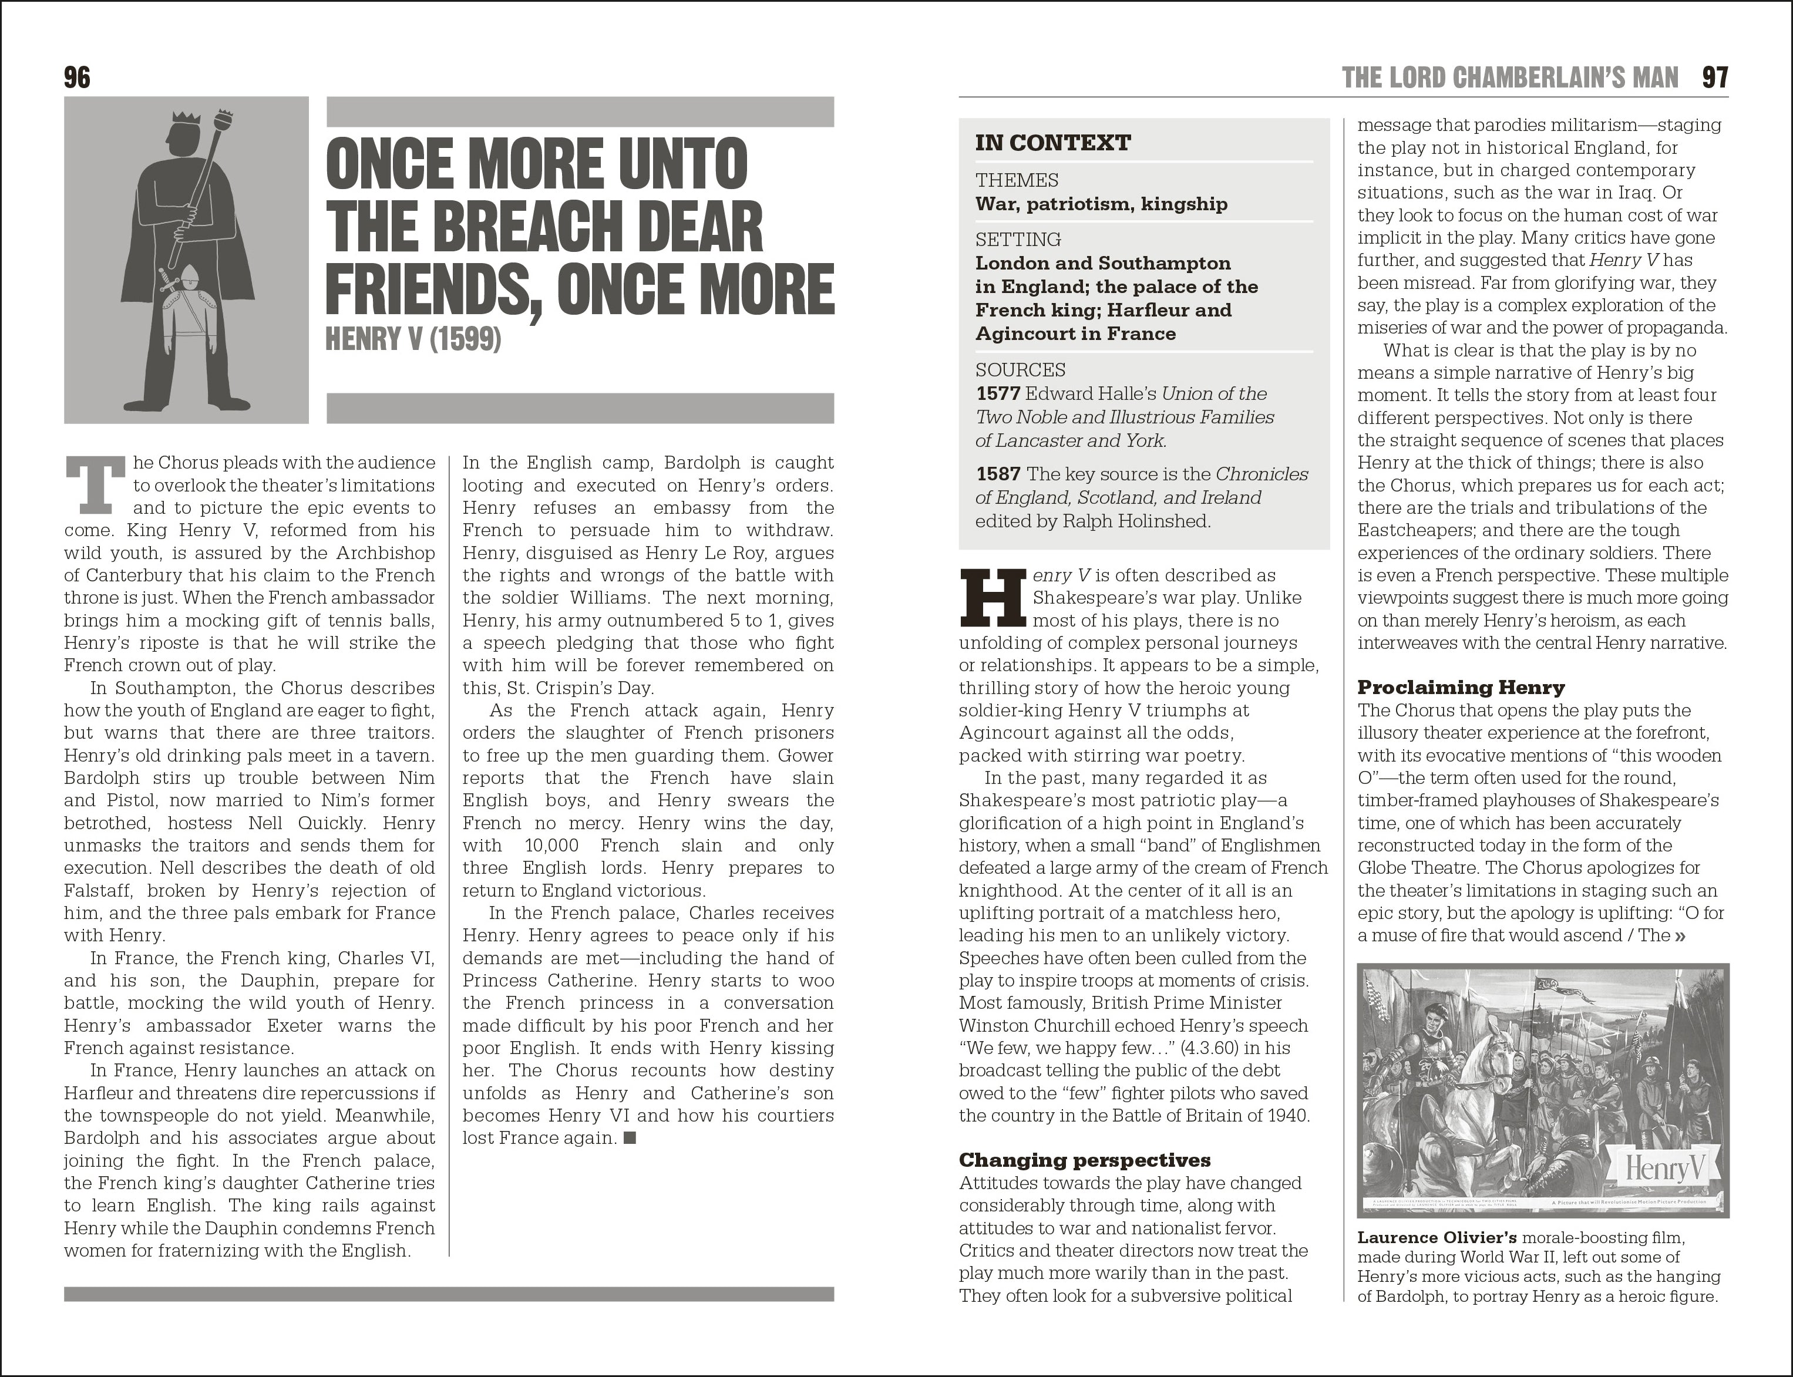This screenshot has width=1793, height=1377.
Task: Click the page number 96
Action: [77, 78]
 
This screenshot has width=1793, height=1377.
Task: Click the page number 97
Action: [1715, 78]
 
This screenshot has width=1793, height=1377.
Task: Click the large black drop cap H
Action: [992, 597]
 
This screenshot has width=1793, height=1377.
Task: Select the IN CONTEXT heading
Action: [1052, 143]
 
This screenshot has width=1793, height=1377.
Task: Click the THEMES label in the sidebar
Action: [1017, 180]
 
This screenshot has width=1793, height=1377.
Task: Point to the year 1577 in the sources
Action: [997, 394]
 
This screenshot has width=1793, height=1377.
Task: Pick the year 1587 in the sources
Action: [997, 474]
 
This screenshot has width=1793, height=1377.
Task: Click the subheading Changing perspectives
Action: [1084, 1160]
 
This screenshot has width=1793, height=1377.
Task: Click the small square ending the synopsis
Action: [630, 1137]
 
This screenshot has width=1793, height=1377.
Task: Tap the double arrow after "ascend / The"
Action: [1681, 936]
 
